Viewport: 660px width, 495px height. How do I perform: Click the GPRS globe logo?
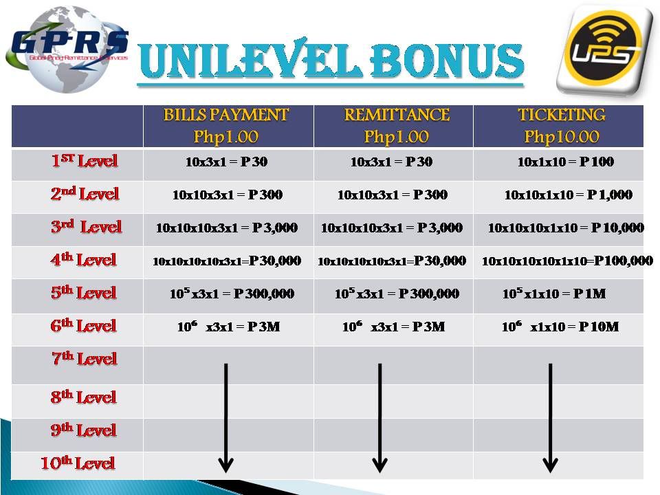pos(67,49)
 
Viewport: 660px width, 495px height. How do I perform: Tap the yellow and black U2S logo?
pos(605,49)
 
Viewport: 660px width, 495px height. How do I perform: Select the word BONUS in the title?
pos(447,60)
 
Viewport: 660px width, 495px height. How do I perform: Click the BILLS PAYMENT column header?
pos(226,115)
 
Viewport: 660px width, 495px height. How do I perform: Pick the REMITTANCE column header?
pos(397,115)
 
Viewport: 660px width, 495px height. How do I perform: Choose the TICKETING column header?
pos(562,115)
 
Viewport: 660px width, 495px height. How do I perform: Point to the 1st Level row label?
pos(84,161)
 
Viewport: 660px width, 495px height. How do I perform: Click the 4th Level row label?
pos(83,259)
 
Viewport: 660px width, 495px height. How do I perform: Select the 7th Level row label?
pos(84,358)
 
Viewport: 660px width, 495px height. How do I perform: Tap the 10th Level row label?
pos(78,463)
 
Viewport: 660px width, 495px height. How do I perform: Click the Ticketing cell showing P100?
pos(565,162)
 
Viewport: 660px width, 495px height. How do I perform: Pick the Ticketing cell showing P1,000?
pos(569,195)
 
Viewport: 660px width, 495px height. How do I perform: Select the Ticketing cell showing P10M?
pos(560,326)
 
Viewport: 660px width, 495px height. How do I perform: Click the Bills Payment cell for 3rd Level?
pos(227,228)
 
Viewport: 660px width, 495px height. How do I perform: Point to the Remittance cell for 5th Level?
pos(397,293)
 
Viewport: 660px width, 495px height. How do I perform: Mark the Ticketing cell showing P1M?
pos(554,293)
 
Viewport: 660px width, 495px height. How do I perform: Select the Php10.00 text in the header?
pos(562,136)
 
